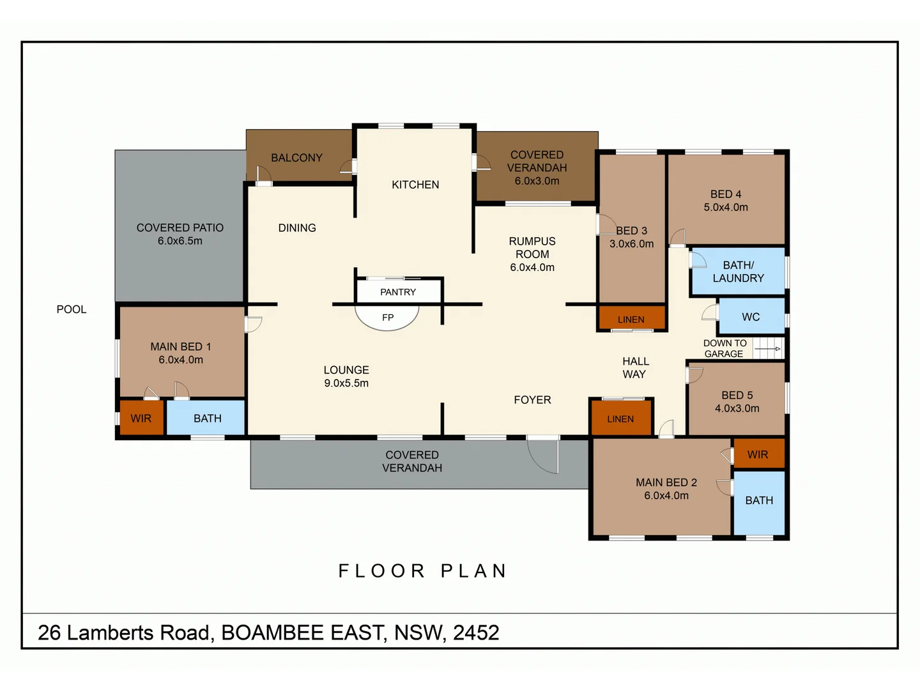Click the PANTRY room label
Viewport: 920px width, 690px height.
398,292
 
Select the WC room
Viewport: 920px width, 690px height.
751,317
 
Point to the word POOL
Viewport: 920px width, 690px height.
72,309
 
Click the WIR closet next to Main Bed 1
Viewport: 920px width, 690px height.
141,418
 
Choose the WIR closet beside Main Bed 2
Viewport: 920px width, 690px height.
758,454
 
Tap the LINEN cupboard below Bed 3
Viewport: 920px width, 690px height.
631,319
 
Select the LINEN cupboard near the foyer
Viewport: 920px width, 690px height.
620,419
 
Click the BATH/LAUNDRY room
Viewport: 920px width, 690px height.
738,272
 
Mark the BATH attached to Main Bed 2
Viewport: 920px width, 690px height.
759,501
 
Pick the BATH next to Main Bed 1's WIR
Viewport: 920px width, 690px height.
207,418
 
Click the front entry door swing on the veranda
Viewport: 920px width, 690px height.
544,456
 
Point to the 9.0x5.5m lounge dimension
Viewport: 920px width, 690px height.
346,383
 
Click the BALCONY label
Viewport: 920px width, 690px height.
296,158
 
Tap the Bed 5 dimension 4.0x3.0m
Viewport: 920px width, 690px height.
737,408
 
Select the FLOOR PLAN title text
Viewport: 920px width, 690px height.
423,571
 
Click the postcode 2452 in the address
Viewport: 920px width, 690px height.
476,632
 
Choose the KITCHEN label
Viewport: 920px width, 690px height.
415,185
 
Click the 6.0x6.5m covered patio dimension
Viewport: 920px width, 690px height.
180,241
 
